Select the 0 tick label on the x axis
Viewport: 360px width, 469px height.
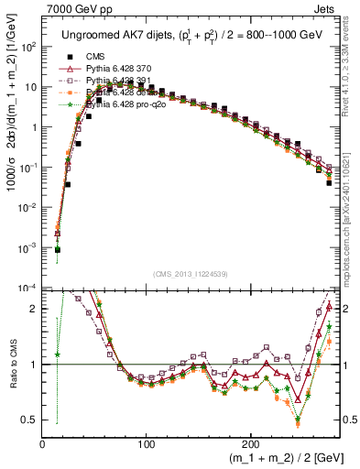42,444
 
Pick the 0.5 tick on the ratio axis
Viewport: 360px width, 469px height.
30,420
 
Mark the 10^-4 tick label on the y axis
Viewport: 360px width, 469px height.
28,289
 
